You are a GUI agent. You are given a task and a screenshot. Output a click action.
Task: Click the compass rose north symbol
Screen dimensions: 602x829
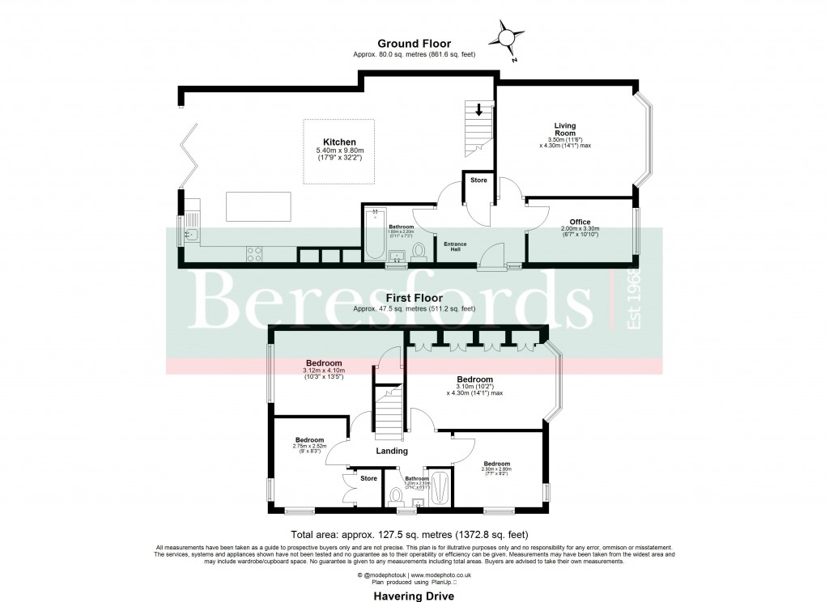pyautogui.click(x=507, y=37)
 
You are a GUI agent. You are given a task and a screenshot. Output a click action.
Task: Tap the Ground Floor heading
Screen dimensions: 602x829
pyautogui.click(x=414, y=44)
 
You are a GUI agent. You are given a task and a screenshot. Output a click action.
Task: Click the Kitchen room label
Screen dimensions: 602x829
pyautogui.click(x=340, y=142)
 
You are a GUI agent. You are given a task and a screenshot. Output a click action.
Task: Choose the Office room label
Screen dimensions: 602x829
pyautogui.click(x=580, y=222)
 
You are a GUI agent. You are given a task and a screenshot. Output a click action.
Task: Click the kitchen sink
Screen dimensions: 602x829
pyautogui.click(x=190, y=235)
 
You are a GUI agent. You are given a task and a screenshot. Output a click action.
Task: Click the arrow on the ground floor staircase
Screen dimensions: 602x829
pyautogui.click(x=479, y=109)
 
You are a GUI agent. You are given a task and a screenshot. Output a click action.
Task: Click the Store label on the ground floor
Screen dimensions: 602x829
pyautogui.click(x=478, y=180)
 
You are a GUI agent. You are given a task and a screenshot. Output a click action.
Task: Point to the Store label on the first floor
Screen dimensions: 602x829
pyautogui.click(x=368, y=478)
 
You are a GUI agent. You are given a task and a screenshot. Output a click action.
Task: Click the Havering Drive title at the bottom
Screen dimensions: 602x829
pyautogui.click(x=413, y=596)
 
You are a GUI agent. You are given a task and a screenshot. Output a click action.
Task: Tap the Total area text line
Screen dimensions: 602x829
pyautogui.click(x=414, y=534)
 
